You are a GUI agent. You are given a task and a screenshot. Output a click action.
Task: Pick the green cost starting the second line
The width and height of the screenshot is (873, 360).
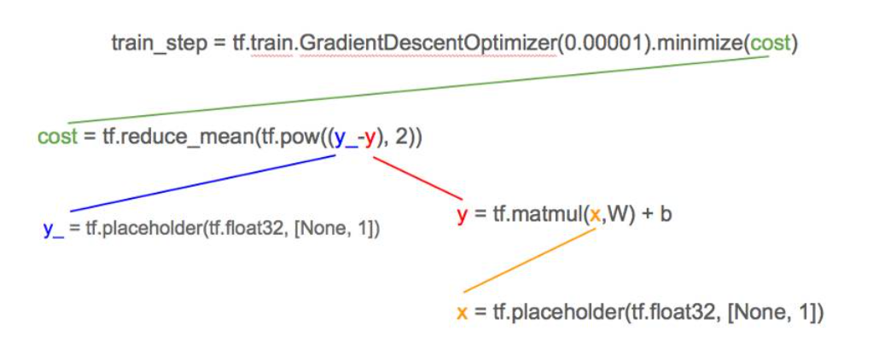pyautogui.click(x=57, y=136)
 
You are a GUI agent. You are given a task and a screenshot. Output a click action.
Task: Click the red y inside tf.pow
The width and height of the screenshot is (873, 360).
pyautogui.click(x=370, y=137)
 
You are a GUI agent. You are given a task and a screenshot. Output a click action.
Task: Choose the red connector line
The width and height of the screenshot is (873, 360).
pyautogui.click(x=419, y=178)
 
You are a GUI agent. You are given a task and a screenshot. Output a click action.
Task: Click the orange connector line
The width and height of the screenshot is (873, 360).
pyautogui.click(x=529, y=260)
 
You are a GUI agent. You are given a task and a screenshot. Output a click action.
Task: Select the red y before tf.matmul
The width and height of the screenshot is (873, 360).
pyautogui.click(x=462, y=215)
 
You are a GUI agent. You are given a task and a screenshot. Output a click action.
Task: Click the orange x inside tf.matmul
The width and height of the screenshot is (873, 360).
pyautogui.click(x=596, y=214)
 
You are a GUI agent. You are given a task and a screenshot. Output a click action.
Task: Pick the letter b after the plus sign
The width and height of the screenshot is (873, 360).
pyautogui.click(x=666, y=214)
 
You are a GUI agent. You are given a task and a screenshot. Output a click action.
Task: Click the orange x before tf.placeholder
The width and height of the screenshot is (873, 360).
pyautogui.click(x=462, y=313)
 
